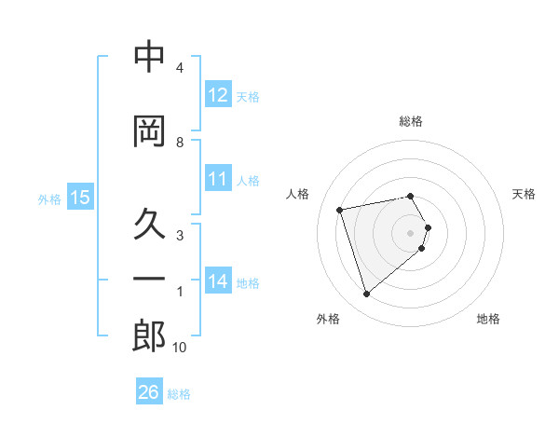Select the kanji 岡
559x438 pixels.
point(149,131)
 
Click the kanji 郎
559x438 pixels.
point(149,336)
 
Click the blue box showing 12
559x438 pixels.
point(218,95)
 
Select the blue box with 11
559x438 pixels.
point(218,179)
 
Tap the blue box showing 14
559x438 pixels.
point(218,281)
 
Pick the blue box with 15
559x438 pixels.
point(80,198)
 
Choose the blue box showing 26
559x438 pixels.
point(149,392)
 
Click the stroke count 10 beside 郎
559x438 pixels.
point(180,348)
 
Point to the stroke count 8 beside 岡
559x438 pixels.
point(180,143)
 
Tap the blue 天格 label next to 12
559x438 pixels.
point(248,96)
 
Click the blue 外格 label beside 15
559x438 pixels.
point(49,198)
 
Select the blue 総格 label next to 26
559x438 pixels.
point(179,393)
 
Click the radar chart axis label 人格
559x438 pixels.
point(298,194)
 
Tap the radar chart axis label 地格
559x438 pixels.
point(488,319)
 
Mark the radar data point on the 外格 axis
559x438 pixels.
point(366,294)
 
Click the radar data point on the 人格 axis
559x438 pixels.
point(340,209)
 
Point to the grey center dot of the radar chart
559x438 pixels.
point(411,232)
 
